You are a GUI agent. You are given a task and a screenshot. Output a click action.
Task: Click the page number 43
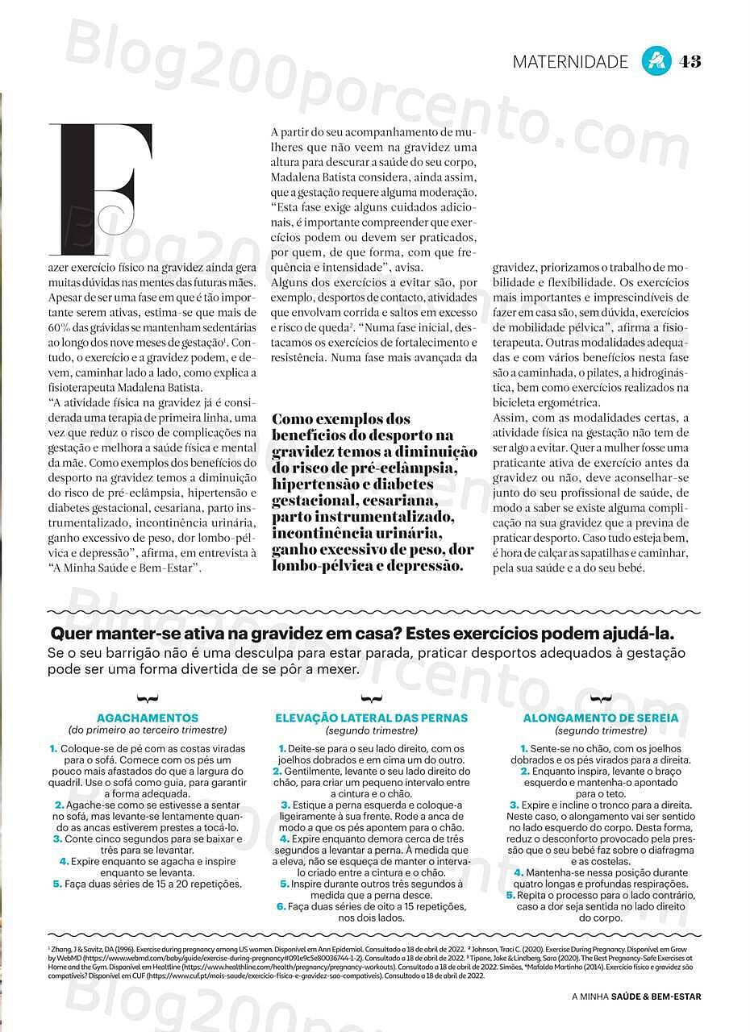pyautogui.click(x=690, y=61)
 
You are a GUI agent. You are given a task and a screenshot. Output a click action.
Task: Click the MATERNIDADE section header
pyautogui.click(x=570, y=62)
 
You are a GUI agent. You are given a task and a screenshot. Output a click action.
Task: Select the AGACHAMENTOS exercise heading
pyautogui.click(x=148, y=718)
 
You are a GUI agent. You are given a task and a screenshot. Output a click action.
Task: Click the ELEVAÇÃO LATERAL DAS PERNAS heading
pyautogui.click(x=372, y=718)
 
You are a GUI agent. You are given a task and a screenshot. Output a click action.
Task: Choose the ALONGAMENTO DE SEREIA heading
pyautogui.click(x=601, y=718)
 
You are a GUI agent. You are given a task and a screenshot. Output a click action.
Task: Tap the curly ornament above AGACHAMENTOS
pyautogui.click(x=148, y=698)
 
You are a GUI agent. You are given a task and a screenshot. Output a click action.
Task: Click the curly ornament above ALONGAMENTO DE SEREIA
pyautogui.click(x=601, y=698)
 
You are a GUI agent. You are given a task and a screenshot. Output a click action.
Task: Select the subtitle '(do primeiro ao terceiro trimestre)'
pyautogui.click(x=148, y=730)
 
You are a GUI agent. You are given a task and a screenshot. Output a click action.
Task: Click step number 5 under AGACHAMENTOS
pyautogui.click(x=57, y=884)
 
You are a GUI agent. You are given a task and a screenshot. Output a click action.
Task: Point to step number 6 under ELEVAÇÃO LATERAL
pyautogui.click(x=281, y=906)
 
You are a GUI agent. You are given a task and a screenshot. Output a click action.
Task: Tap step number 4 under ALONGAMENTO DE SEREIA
pyautogui.click(x=519, y=872)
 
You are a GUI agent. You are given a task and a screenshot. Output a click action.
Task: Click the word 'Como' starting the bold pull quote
pyautogui.click(x=297, y=419)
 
